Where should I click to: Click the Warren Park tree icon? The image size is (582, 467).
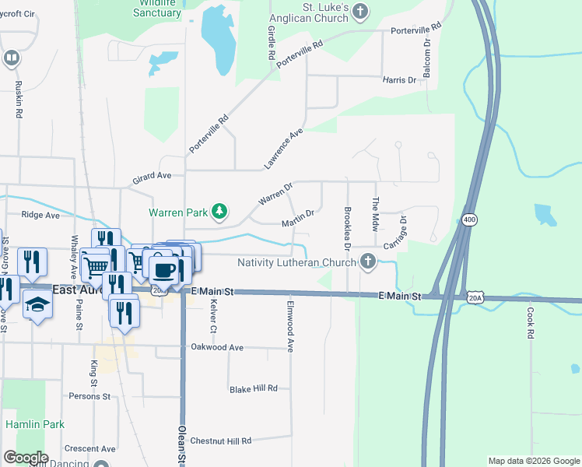click(221, 211)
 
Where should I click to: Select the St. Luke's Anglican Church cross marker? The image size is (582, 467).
click(359, 10)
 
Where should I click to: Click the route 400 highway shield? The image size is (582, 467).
click(468, 220)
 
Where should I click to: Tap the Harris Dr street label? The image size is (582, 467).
click(400, 80)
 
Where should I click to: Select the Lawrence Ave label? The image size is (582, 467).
click(282, 149)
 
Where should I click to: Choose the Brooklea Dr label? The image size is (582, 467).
click(348, 227)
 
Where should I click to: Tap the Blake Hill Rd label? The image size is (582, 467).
click(253, 389)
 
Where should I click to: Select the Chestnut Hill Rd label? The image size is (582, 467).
click(221, 441)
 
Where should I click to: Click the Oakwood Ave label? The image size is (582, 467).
click(217, 347)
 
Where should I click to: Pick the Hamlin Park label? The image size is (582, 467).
click(35, 424)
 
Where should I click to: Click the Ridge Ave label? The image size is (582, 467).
click(41, 215)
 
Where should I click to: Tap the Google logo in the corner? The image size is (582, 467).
click(26, 457)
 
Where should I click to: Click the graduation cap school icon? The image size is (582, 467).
click(37, 305)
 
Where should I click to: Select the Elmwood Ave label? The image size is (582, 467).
click(291, 326)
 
